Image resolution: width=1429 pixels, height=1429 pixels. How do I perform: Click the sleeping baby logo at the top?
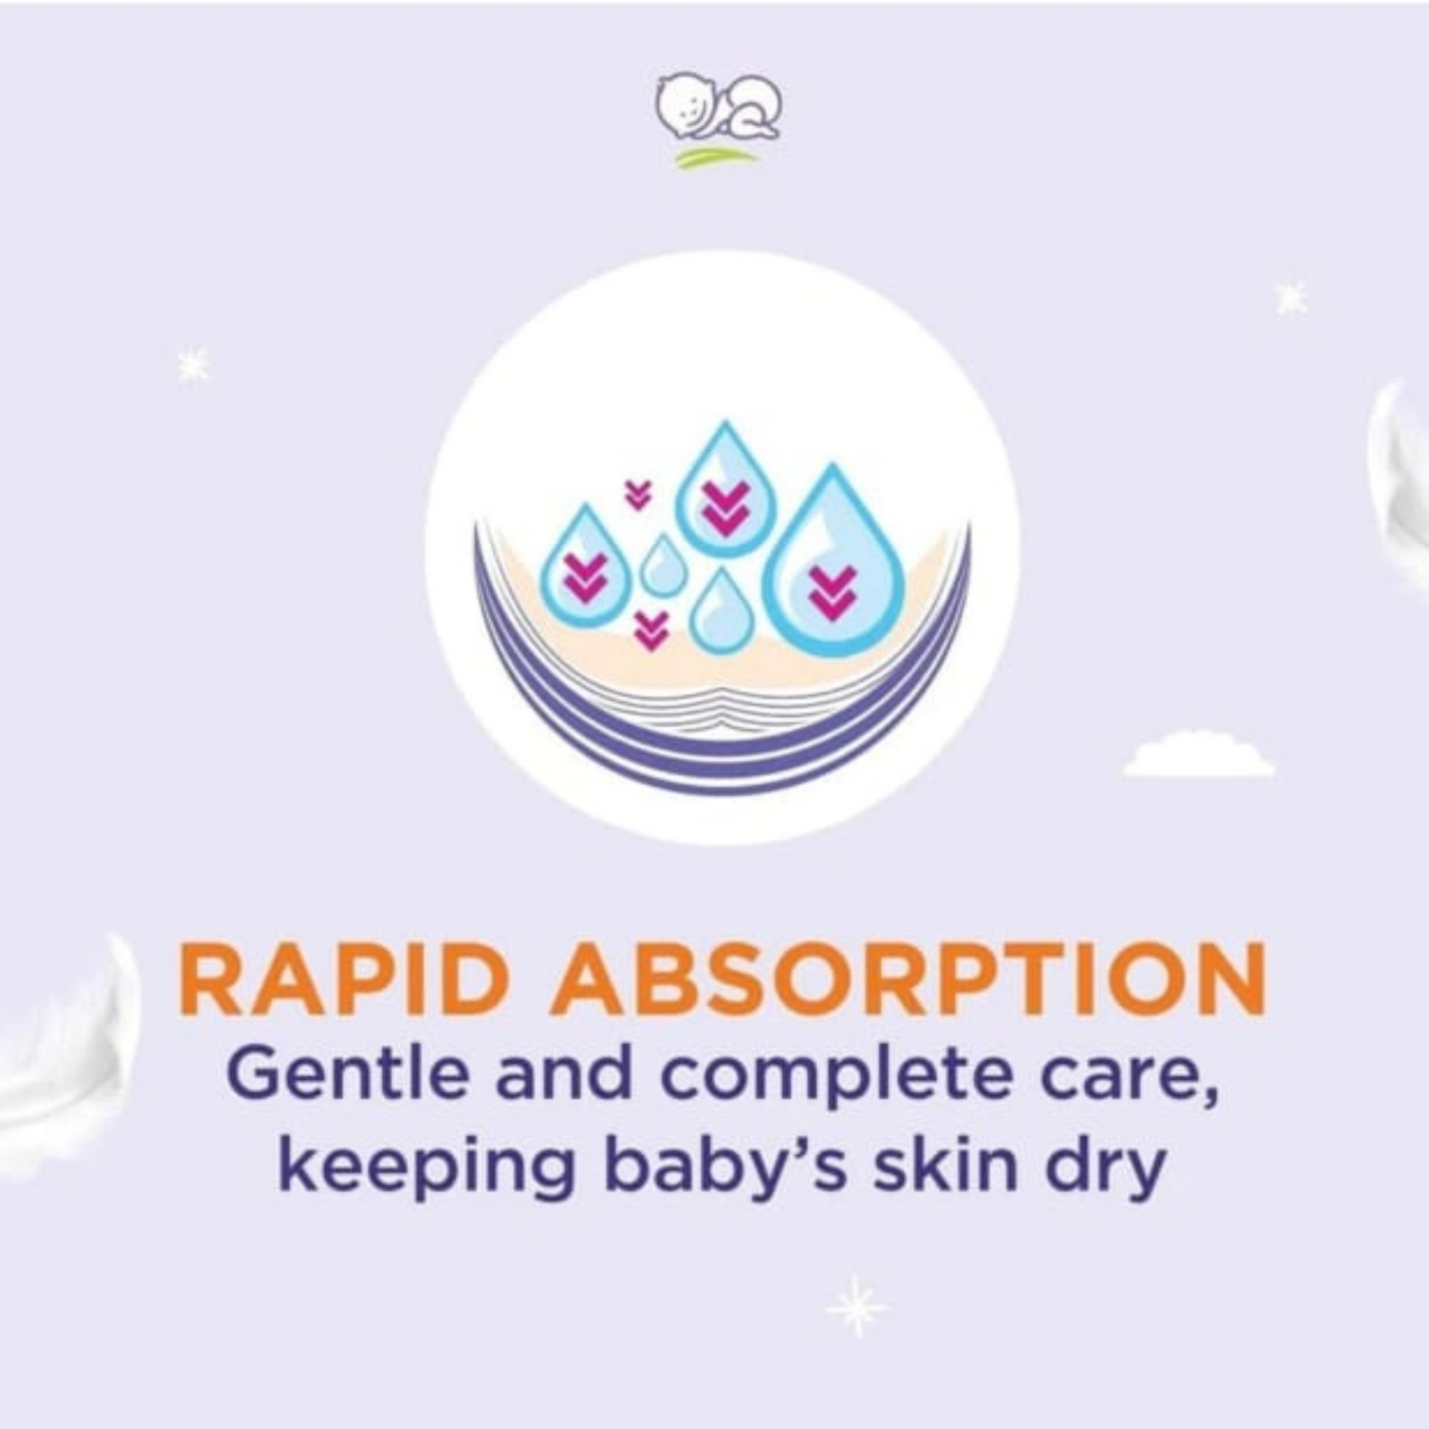tap(717, 107)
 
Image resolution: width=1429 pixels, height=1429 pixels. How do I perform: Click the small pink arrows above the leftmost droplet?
tap(638, 494)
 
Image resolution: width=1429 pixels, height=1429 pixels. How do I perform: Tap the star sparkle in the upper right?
tap(1291, 297)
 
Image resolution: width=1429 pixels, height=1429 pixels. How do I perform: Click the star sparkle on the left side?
tap(193, 364)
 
